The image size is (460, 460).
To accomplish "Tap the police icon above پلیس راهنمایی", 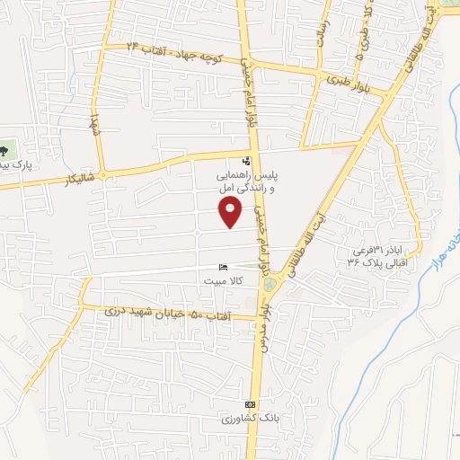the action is [223, 162].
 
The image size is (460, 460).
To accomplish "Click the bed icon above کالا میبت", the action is [224, 267].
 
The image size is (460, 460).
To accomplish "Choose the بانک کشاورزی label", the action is [238, 420].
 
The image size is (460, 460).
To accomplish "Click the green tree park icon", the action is [5, 151].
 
